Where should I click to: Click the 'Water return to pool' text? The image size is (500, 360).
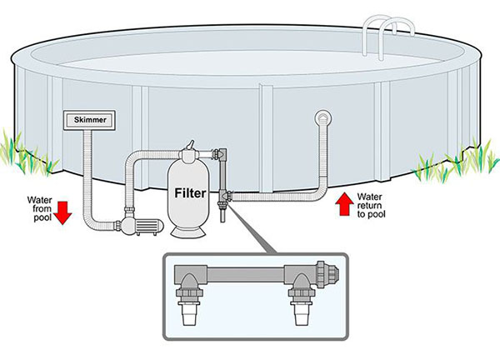click(370, 203)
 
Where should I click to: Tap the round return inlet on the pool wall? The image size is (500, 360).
click(323, 119)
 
